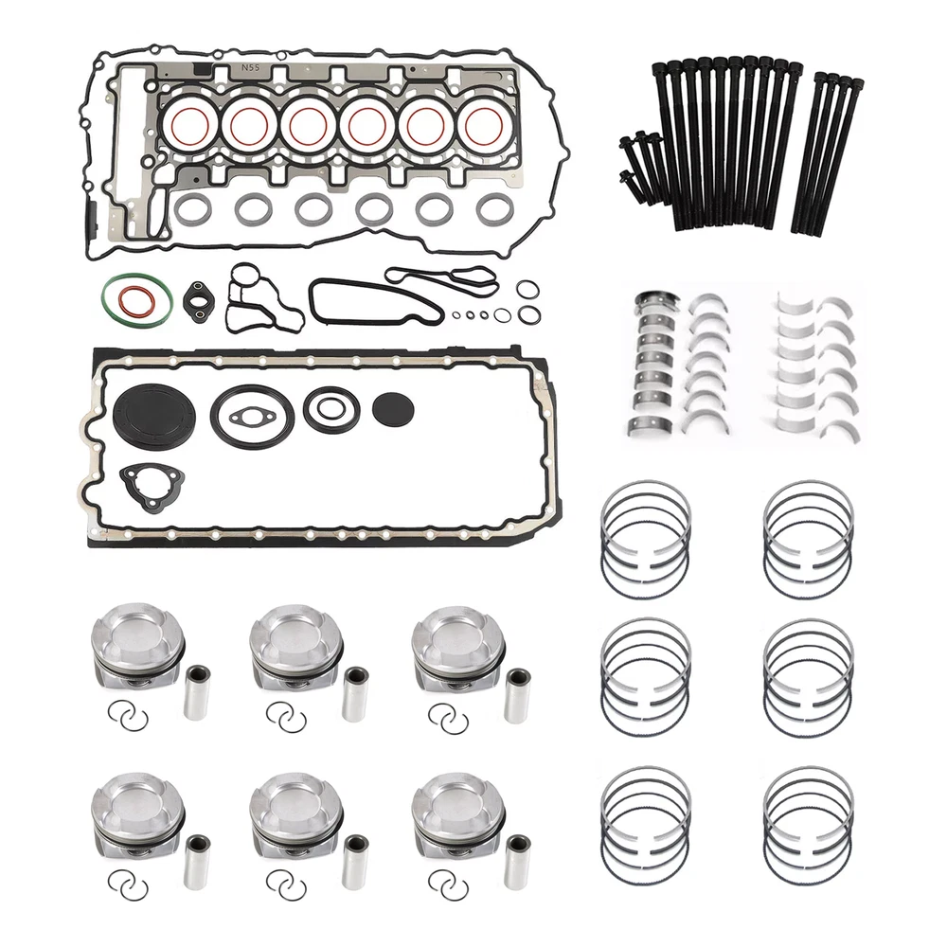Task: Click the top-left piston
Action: point(137,646)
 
